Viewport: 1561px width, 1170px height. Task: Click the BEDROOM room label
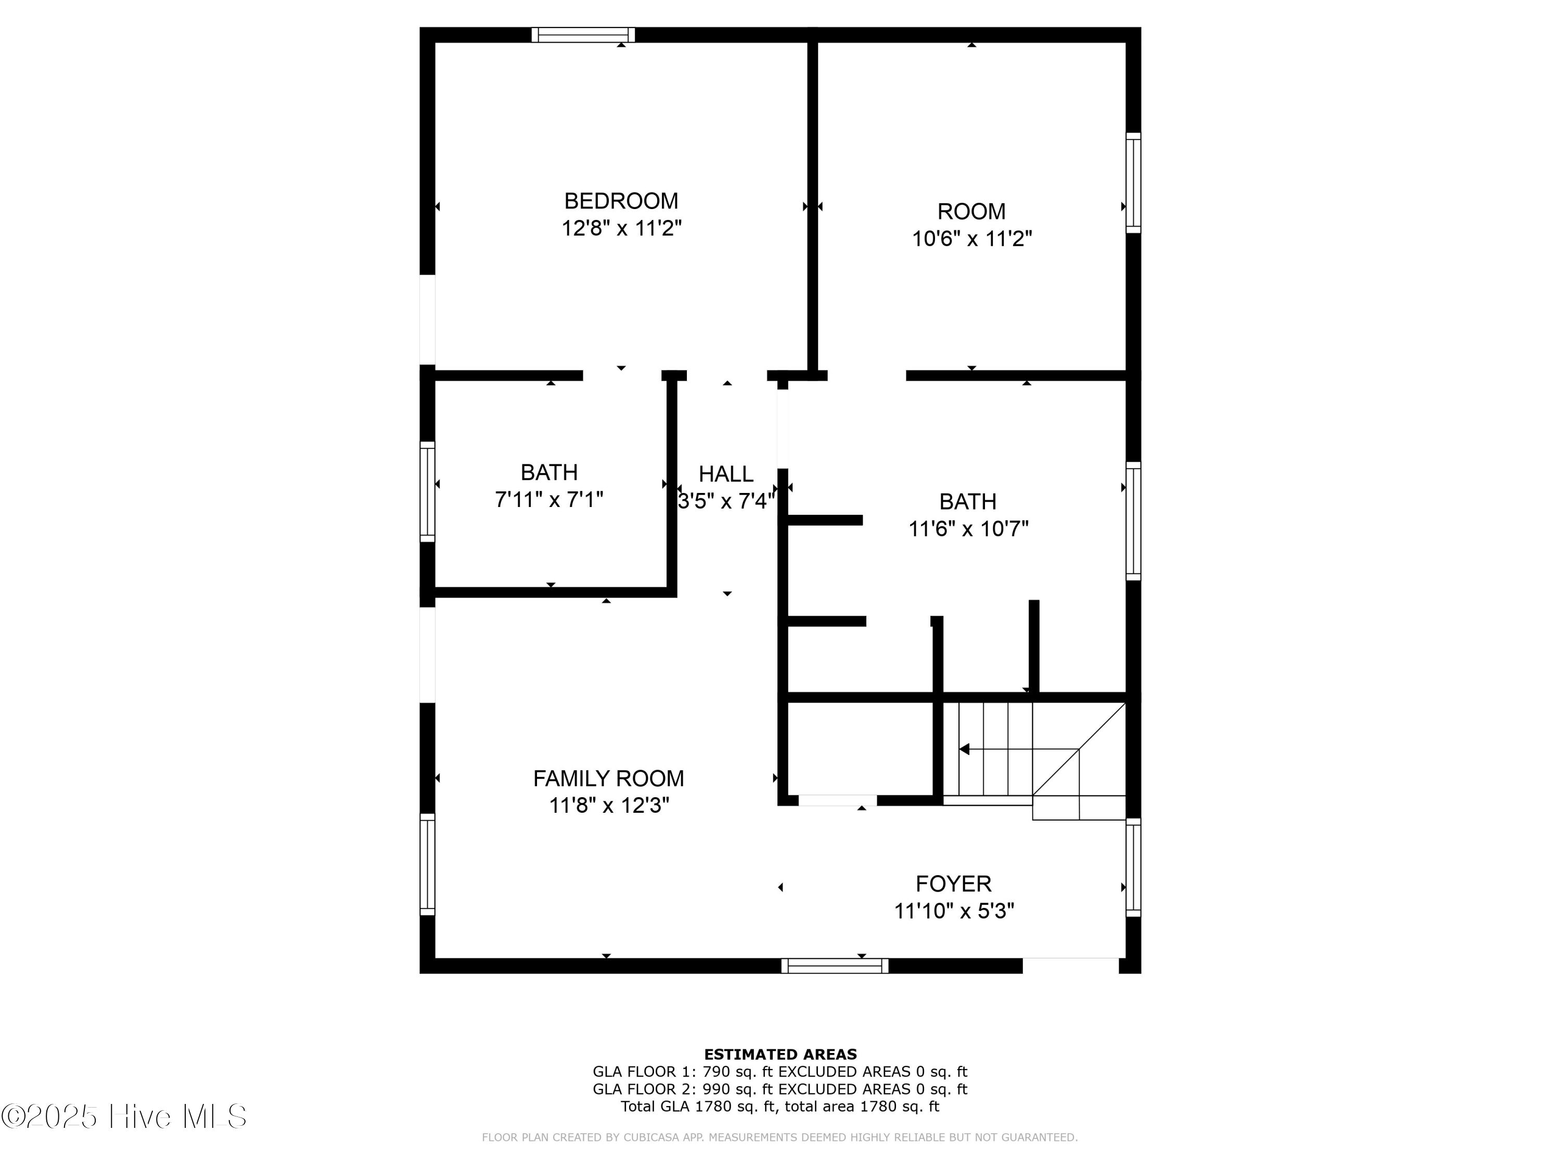(x=621, y=201)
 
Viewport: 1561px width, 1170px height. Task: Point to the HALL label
(x=726, y=474)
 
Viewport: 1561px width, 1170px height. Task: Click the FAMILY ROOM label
(x=608, y=778)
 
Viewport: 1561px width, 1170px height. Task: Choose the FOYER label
(x=953, y=883)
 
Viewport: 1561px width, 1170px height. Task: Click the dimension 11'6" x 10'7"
(x=968, y=529)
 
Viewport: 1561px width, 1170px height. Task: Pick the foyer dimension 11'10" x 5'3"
(x=954, y=911)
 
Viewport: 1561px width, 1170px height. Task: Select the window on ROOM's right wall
(x=1133, y=183)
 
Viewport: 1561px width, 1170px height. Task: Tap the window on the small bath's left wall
(x=428, y=491)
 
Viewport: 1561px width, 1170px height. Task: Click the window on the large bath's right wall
(x=1133, y=521)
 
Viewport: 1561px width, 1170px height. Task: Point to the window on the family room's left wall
(x=428, y=864)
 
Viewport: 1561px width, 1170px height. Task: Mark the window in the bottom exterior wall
(x=835, y=966)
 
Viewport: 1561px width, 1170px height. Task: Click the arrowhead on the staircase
(x=964, y=749)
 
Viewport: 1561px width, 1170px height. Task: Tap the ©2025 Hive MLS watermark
(x=124, y=1116)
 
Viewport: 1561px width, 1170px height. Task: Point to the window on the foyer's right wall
(x=1133, y=867)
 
